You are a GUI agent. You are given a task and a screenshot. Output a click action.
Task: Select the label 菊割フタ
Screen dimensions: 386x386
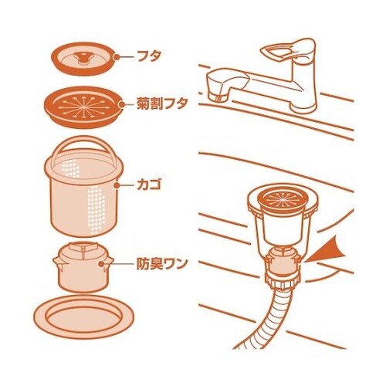[x=161, y=103]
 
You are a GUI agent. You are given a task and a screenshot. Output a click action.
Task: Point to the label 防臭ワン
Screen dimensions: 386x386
[x=161, y=263]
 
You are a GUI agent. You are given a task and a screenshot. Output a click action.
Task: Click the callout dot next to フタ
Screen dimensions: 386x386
[x=117, y=57]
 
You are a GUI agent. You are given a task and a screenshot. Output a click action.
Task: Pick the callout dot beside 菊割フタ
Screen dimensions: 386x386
[x=122, y=104]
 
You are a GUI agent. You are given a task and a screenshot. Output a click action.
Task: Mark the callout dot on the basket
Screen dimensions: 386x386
[x=117, y=185]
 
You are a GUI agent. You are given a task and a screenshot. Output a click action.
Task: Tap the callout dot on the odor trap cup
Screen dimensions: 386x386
[x=101, y=264]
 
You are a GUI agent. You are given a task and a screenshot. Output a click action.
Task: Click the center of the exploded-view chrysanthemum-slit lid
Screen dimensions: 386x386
[x=83, y=106]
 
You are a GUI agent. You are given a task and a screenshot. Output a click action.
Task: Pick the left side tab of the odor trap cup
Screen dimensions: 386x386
[x=57, y=260]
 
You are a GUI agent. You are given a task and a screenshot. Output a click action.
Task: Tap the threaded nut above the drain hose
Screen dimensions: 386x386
[x=283, y=281]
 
